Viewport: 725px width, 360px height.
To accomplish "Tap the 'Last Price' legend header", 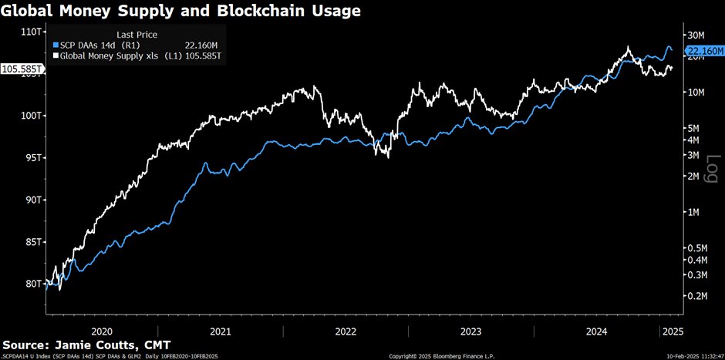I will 137,35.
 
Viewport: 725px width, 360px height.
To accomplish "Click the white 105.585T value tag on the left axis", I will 22,69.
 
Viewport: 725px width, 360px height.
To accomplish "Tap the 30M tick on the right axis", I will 697,35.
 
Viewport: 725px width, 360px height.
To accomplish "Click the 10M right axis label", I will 697,93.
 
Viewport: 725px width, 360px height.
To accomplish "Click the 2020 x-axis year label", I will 101,331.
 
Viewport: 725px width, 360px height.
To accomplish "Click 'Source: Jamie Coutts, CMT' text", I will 86,344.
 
